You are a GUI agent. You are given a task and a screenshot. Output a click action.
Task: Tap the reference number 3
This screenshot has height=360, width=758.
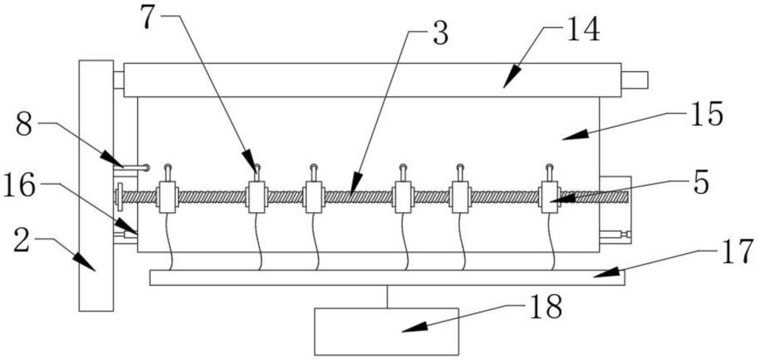pos(440,35)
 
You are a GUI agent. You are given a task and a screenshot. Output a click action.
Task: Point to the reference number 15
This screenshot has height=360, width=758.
pos(706,114)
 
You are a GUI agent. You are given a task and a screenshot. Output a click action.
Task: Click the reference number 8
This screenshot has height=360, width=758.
pos(25,125)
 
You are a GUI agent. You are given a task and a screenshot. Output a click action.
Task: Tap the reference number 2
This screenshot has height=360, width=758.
pos(22,241)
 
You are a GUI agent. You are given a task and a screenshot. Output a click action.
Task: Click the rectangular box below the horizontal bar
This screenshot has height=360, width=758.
pos(387,331)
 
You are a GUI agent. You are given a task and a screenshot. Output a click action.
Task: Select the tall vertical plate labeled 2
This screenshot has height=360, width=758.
pos(96,186)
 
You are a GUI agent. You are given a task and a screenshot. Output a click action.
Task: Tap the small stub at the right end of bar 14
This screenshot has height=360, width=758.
pos(634,80)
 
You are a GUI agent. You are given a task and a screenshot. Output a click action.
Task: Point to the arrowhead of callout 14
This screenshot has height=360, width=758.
pos(512,77)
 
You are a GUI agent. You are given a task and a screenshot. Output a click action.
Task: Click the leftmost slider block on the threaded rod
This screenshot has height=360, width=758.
pos(167,197)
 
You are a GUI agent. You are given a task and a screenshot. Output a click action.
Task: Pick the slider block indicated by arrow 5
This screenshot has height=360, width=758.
pos(549,197)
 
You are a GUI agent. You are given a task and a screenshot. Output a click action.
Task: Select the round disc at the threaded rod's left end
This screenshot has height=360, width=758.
pos(120,196)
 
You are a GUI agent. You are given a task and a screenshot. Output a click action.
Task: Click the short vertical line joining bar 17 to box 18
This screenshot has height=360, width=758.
pos(387,296)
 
